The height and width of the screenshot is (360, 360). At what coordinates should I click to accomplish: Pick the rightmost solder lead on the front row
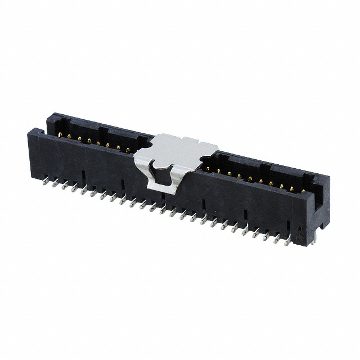288,242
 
